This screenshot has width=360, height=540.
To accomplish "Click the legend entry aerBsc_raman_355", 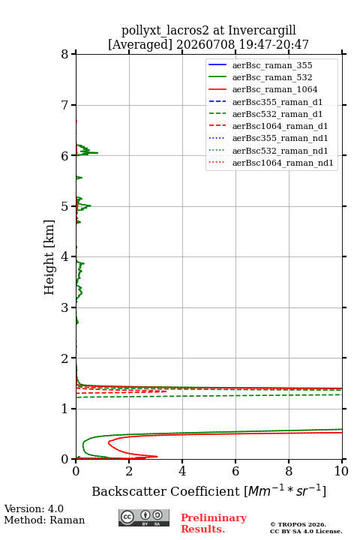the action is coord(272,65).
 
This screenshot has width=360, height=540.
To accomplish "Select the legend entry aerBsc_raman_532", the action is coord(272,77).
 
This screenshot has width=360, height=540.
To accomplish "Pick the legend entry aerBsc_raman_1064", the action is coord(274,89).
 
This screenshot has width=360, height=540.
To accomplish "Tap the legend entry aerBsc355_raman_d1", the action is coord(277,102).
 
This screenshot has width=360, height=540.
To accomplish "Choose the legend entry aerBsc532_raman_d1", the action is coord(277,114).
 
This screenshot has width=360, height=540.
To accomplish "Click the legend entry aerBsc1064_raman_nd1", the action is coord(283,163).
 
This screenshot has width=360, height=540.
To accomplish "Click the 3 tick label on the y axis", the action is coord(65,307).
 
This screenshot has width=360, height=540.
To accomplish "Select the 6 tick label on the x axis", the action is coord(235,471).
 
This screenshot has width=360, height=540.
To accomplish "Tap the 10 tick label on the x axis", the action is coord(341,471).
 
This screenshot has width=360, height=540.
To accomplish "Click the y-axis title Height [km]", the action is coord(49,257).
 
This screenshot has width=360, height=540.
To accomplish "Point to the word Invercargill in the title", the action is coord(262,30).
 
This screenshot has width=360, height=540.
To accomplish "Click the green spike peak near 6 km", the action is coord(97,152).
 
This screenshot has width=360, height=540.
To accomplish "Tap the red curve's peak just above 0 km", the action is coord(157,457).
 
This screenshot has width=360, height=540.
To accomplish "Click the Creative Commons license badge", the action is coord(144,517).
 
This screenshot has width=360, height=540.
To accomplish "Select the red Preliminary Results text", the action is coord(214,523).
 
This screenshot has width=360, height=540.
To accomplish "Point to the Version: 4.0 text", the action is coord(34,508).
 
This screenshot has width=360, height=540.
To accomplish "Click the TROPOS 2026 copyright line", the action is coord(298,524).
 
